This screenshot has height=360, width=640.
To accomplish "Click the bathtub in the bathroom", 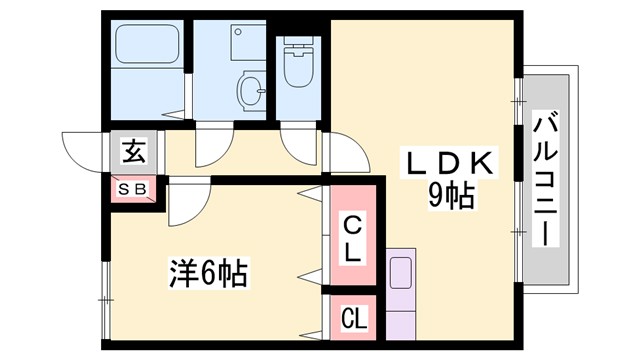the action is tap(146, 45).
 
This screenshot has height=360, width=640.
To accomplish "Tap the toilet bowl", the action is tap(297, 67).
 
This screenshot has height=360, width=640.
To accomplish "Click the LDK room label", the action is tap(446, 163).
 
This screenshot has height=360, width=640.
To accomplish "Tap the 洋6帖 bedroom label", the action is tap(208, 271).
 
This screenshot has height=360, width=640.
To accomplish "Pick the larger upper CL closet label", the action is tap(352, 238).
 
